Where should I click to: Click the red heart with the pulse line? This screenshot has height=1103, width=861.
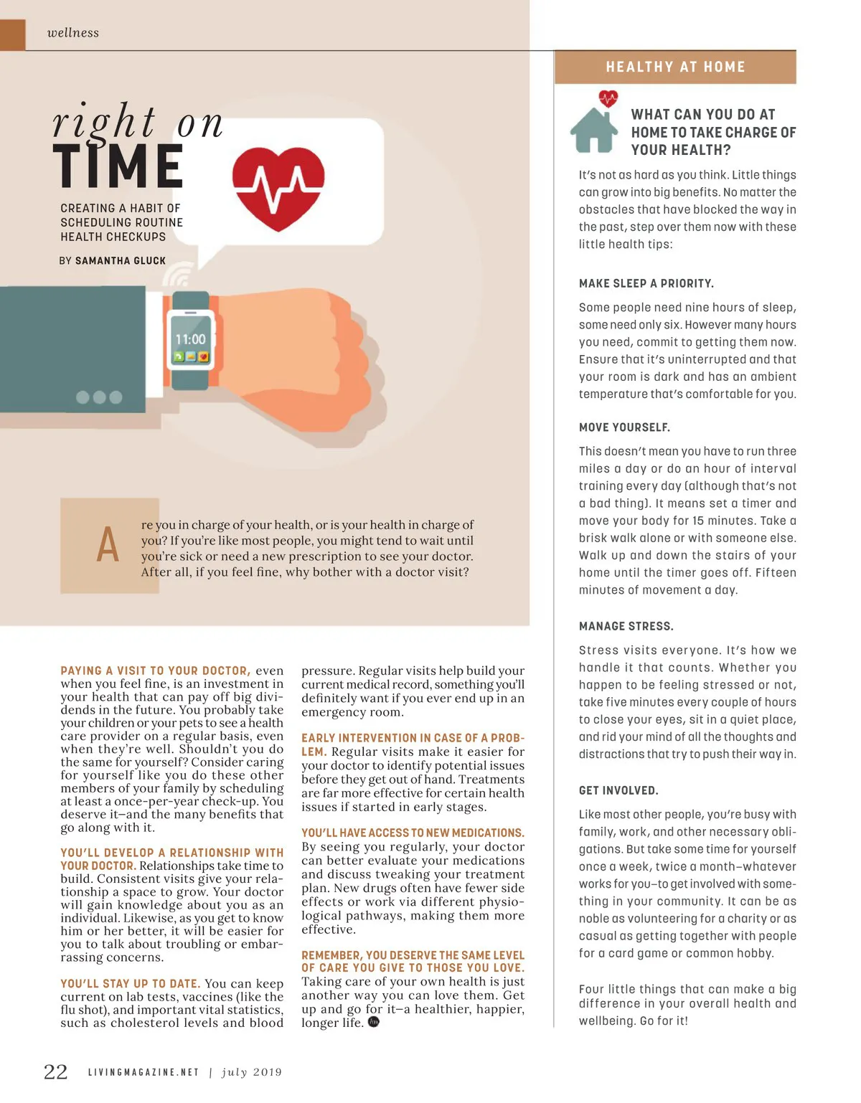tap(278, 188)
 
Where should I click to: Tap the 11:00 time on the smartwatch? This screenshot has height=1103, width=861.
tap(190, 339)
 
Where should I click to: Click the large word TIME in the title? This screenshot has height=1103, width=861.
tap(118, 166)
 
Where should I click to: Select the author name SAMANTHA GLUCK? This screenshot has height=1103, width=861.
tap(120, 261)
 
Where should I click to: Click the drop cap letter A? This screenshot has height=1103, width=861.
tap(108, 545)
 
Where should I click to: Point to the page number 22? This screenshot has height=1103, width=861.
tap(56, 1072)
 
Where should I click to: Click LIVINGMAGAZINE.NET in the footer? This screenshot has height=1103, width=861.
tap(143, 1073)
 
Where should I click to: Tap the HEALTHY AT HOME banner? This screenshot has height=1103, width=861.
tap(675, 67)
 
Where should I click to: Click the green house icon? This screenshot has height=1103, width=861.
tap(593, 129)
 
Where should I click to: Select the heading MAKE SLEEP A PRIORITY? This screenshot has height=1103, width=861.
tap(646, 283)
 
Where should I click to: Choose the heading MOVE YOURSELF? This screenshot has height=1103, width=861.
tap(624, 427)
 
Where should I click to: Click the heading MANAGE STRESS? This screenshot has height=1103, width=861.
tap(626, 626)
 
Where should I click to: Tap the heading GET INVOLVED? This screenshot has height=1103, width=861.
tap(618, 790)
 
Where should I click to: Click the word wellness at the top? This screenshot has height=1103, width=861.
tap(72, 33)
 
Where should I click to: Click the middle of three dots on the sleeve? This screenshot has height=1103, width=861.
tap(99, 397)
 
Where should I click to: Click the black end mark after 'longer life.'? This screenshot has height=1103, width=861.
tap(373, 1022)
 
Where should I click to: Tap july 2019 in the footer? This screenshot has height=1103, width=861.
tap(251, 1073)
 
